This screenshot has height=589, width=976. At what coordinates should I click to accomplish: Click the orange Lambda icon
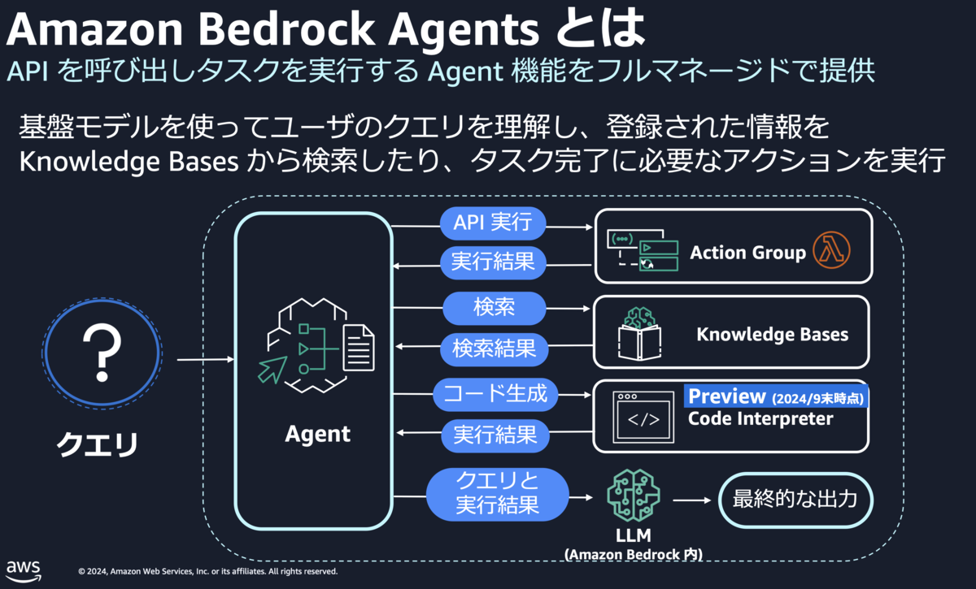[831, 250]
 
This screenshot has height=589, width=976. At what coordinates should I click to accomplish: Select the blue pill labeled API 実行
[493, 223]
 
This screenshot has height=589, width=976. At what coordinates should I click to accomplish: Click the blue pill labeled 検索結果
[495, 349]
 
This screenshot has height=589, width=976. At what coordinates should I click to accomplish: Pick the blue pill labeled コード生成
[495, 394]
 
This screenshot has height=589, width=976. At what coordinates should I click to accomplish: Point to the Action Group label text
[747, 253]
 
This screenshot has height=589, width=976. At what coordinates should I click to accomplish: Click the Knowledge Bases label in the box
[773, 335]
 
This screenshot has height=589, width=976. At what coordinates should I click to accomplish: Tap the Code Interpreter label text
[760, 418]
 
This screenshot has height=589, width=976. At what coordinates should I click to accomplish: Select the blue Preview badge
[776, 396]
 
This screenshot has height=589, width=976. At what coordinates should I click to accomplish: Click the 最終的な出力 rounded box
[795, 500]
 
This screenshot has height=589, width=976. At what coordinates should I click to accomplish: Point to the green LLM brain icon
[634, 495]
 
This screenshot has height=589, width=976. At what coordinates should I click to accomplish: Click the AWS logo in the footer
[24, 571]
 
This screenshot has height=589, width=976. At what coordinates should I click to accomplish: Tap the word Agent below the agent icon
[318, 434]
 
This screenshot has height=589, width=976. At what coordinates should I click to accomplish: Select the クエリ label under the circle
[98, 444]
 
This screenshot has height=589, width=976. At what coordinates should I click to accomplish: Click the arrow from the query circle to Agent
[206, 360]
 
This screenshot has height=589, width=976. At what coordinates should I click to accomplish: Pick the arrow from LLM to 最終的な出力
[692, 500]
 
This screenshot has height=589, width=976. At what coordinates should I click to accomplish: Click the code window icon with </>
[643, 417]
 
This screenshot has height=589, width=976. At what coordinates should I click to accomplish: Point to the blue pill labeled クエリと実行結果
[498, 495]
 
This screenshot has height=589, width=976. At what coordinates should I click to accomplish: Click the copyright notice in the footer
[208, 571]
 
